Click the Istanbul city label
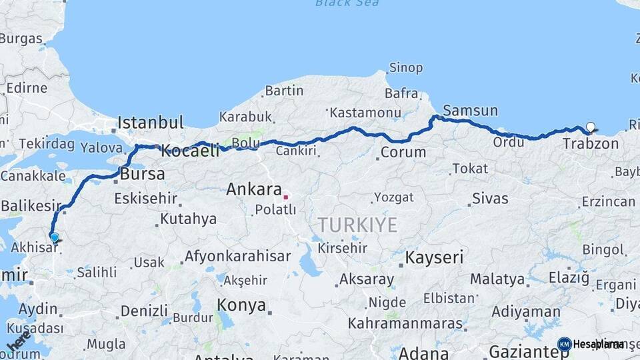click(x=150, y=123)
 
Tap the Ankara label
click(x=254, y=189)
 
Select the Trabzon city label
click(x=590, y=143)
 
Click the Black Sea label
click(x=347, y=3)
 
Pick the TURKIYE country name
click(x=357, y=225)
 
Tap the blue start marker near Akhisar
click(x=54, y=237)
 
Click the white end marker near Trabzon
click(x=590, y=127)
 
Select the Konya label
click(x=241, y=305)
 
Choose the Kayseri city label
click(x=435, y=257)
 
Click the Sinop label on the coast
click(x=406, y=67)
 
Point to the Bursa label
click(x=143, y=175)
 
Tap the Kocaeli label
click(x=191, y=151)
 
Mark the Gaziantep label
click(x=529, y=351)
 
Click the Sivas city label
click(x=490, y=199)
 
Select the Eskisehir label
click(x=145, y=198)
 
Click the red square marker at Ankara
click(x=285, y=197)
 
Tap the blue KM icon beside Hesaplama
click(x=564, y=344)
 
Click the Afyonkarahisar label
click(x=237, y=256)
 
